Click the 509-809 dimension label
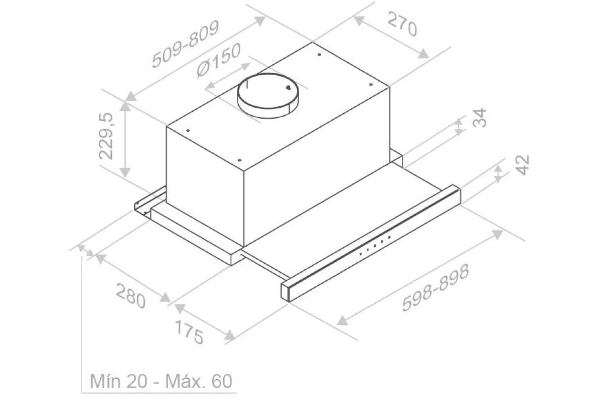click(185, 44)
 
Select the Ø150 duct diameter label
click(219, 60)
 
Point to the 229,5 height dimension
click(106, 136)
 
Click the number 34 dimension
click(480, 118)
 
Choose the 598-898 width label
click(435, 288)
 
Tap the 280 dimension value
click(130, 296)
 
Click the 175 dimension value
click(189, 332)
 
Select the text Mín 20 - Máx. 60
click(161, 381)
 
